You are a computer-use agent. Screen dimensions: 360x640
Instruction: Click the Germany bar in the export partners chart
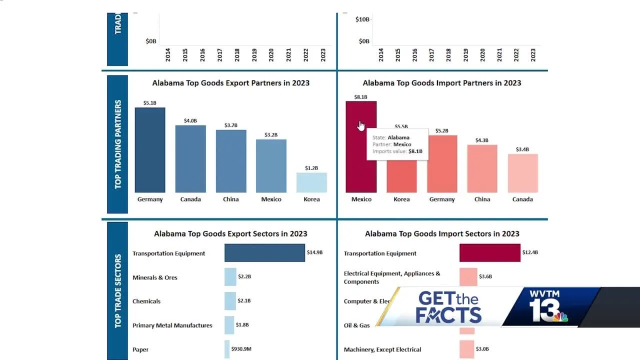150,150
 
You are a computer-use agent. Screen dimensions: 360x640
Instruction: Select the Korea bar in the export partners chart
311,182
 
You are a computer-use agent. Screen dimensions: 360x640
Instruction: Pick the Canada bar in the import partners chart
522,173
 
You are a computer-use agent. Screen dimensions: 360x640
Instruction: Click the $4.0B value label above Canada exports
190,120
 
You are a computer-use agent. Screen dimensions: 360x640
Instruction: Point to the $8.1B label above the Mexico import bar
361,97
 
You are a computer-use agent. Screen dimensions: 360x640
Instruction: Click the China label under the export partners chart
231,199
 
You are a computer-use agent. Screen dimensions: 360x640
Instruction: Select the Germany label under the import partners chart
442,199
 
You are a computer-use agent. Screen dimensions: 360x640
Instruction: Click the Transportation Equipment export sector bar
264,253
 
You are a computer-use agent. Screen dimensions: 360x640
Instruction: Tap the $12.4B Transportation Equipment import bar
490,253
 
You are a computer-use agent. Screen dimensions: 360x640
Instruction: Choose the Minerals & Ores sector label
155,277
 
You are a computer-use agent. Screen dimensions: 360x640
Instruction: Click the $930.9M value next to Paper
241,349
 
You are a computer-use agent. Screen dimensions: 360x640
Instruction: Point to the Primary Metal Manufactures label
172,325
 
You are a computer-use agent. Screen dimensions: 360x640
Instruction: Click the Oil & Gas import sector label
357,325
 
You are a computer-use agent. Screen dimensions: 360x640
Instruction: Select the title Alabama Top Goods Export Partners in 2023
231,83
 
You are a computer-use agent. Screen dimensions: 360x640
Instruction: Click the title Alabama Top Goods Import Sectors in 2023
442,233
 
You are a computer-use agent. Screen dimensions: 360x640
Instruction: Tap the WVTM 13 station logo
550,306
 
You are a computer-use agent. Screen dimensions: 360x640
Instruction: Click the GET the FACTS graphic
448,307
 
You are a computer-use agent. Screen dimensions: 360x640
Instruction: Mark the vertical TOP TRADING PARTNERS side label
118,144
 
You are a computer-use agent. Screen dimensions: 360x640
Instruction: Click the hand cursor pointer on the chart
361,125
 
